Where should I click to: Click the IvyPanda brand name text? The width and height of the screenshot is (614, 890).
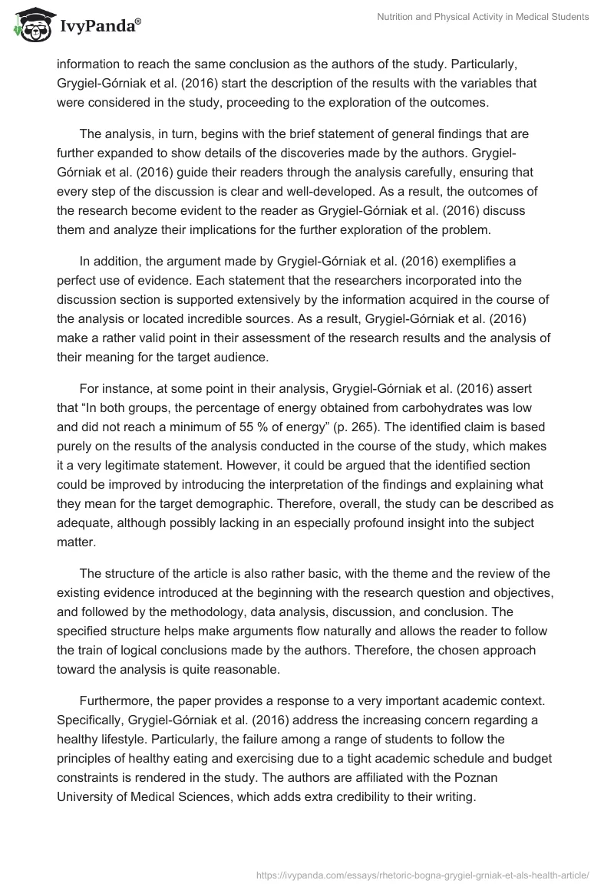click(x=100, y=26)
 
